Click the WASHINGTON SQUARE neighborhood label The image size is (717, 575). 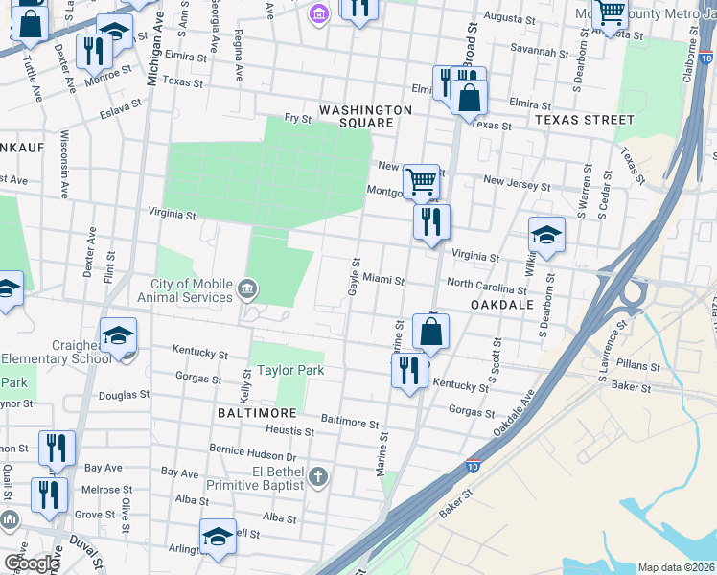365,117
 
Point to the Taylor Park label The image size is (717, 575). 289,370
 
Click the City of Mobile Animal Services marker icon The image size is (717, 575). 247,287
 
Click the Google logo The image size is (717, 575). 31,563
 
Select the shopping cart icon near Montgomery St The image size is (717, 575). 421,180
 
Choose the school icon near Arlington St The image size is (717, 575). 218,537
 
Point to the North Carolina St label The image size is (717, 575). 486,284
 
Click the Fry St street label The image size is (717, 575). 298,119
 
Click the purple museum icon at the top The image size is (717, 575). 318,13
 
